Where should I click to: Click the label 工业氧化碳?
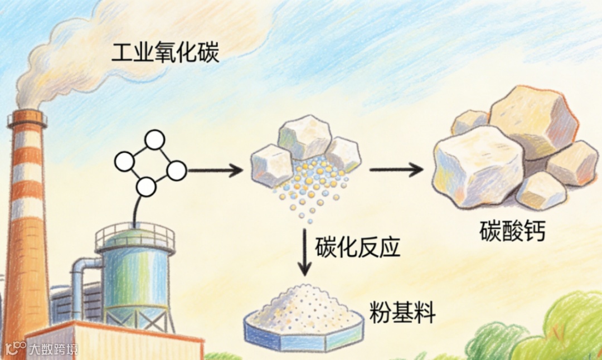165,54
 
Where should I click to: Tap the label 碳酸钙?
512,232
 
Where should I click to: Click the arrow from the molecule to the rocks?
215,170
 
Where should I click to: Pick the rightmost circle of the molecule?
177,171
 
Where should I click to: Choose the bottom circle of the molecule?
146,187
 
